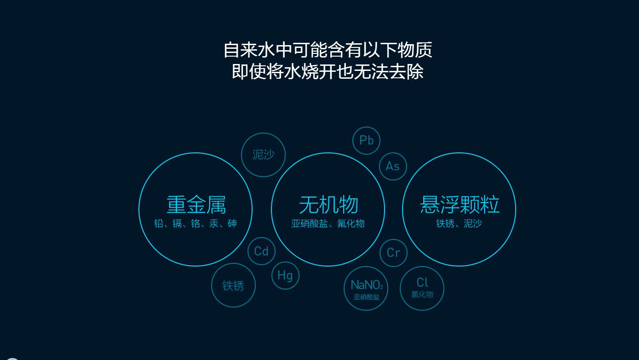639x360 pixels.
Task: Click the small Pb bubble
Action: (366, 140)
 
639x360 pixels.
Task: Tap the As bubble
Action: (393, 166)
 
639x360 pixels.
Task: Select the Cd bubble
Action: (261, 251)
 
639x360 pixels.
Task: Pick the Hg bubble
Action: (285, 275)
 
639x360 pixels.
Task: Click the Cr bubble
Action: (393, 253)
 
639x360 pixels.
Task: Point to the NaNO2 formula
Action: (367, 285)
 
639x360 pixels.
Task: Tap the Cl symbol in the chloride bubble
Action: (422, 282)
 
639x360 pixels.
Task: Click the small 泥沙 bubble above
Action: (263, 155)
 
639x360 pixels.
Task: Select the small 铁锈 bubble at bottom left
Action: (233, 285)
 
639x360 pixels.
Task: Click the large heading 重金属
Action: (196, 205)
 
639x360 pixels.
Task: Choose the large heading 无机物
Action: (328, 205)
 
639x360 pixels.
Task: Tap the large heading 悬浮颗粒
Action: (460, 205)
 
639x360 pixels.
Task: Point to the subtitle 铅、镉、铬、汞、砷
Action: (196, 224)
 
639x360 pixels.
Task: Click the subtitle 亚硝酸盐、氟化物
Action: (328, 224)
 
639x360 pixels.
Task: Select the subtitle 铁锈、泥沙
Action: (459, 224)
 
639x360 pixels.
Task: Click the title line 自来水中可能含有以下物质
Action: (328, 50)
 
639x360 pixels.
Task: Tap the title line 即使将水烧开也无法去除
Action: (328, 72)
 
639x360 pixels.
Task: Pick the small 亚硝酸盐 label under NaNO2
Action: (367, 297)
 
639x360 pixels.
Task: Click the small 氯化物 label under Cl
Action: (422, 295)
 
